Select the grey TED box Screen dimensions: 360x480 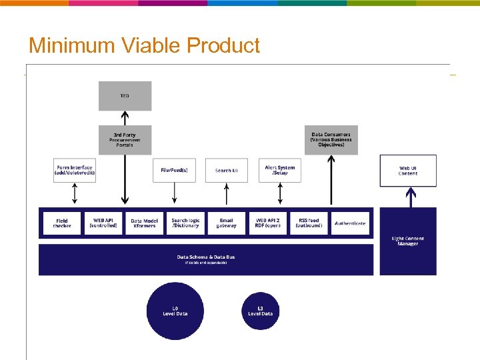(x=125, y=96)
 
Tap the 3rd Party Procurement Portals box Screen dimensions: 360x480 (x=125, y=140)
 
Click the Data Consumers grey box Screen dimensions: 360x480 (x=331, y=140)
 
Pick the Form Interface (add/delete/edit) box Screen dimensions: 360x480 (x=75, y=170)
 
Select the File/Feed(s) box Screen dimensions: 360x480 (x=174, y=170)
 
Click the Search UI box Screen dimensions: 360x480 (x=226, y=170)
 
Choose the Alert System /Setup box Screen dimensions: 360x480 (x=279, y=170)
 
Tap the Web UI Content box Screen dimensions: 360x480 (x=408, y=171)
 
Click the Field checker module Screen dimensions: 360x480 (x=62, y=223)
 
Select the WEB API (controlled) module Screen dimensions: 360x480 (x=103, y=223)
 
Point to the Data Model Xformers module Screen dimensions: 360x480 (x=144, y=223)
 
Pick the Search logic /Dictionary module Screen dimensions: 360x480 (x=185, y=223)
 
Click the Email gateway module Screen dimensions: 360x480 (x=226, y=223)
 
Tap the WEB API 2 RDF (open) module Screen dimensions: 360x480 (x=267, y=223)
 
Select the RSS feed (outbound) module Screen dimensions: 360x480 (x=309, y=223)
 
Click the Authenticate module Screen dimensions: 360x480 (x=350, y=223)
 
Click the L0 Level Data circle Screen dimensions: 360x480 (x=175, y=311)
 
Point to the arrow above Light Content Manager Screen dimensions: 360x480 (x=411, y=197)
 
